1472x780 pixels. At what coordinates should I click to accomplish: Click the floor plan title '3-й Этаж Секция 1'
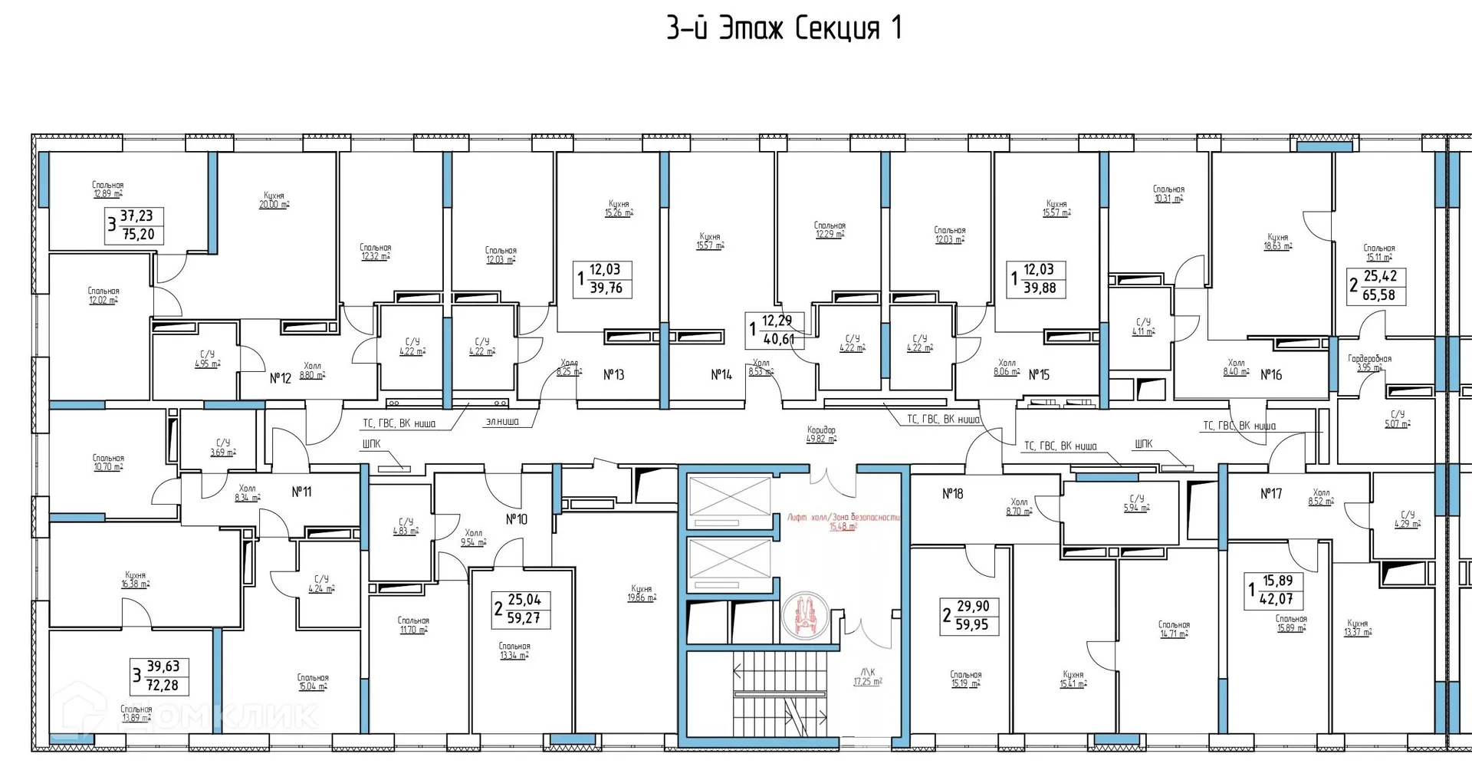pos(784,29)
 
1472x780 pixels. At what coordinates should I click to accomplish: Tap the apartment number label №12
pos(281,378)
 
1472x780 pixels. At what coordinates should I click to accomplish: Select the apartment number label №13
pos(613,375)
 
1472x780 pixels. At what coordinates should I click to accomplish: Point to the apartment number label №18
pos(952,494)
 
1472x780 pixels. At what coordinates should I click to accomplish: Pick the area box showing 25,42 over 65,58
pos(1378,285)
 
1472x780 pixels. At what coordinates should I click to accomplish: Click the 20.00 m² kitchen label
pos(274,201)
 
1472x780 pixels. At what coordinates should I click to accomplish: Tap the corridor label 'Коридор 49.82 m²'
pos(821,435)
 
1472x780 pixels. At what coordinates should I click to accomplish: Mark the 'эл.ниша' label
pos(501,421)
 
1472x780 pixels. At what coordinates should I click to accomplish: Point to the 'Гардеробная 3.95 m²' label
pos(1369,363)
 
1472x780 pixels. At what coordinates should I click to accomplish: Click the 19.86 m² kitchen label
pos(642,594)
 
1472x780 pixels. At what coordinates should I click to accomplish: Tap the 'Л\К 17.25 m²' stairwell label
pos(868,676)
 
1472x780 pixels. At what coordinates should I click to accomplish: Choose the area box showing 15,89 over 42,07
pos(1276,591)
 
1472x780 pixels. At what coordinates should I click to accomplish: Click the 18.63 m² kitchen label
pos(1277,242)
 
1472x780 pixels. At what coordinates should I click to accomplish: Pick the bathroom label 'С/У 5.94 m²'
pos(1136,503)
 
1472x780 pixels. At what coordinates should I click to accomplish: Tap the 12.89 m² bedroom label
pos(107,189)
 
